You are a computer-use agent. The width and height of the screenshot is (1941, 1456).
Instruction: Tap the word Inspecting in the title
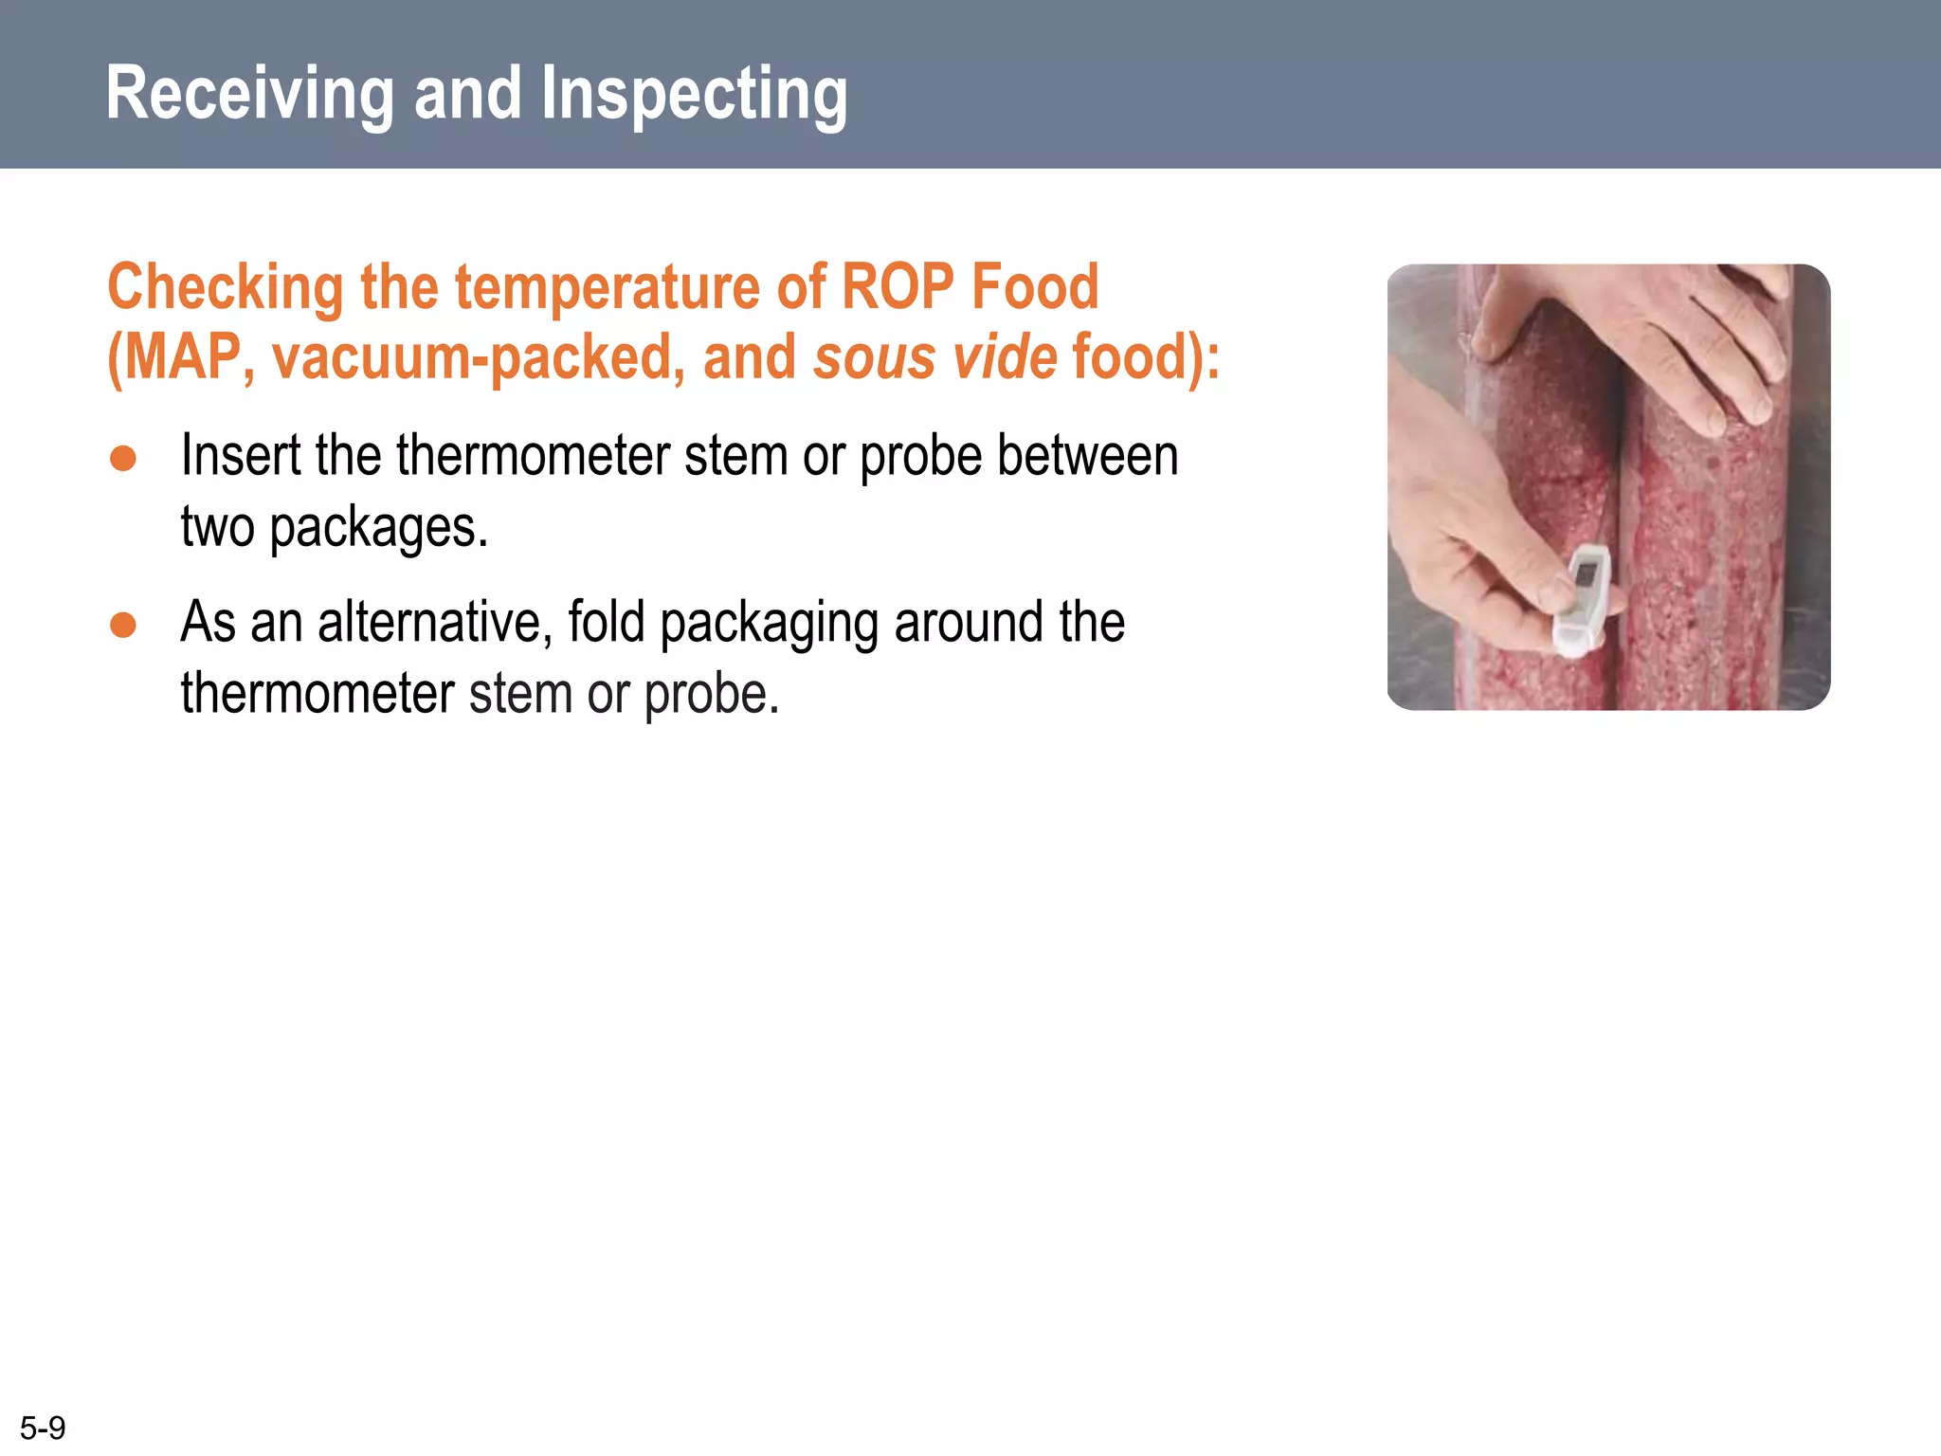[694, 95]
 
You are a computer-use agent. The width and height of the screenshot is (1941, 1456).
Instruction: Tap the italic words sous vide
[934, 357]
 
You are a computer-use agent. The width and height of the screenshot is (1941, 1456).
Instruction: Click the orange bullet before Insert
[123, 459]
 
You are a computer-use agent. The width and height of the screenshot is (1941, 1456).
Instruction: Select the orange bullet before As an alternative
[123, 626]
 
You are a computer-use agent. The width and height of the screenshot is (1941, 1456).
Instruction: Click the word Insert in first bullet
[241, 456]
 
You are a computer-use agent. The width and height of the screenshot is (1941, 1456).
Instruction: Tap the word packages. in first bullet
[378, 527]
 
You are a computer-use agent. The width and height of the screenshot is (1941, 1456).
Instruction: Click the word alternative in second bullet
[435, 623]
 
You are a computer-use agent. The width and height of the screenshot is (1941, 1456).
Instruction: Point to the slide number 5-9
[43, 1428]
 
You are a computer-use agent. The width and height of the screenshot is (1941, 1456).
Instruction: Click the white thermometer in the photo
[1581, 601]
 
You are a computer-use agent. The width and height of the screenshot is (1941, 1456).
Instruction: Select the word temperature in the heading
[608, 287]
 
